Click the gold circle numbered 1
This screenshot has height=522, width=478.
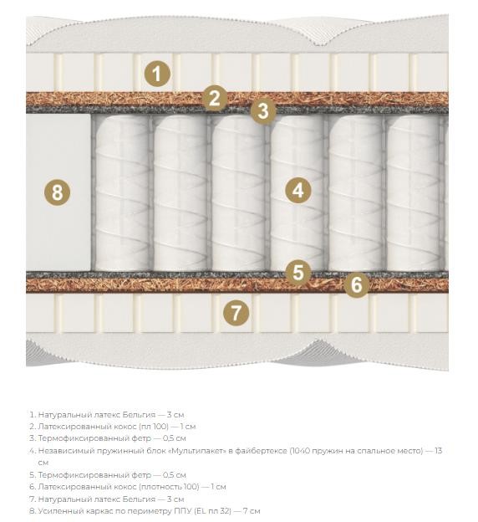point(157,74)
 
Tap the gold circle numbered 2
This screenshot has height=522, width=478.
point(215,98)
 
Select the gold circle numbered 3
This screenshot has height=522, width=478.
point(263,111)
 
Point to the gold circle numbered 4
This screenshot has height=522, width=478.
point(298,191)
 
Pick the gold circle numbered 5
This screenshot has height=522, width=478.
point(298,272)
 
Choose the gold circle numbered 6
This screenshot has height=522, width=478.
point(356,284)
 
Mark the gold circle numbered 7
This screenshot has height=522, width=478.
point(236,313)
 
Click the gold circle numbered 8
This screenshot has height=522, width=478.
point(57,192)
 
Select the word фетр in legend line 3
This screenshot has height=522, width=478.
point(141,438)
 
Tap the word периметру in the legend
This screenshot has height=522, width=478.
point(151,511)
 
